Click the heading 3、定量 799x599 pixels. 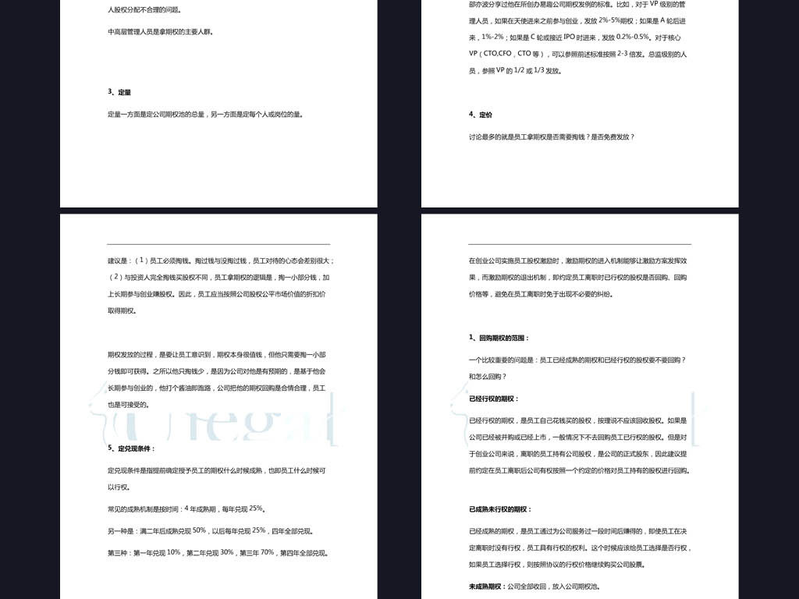(119, 92)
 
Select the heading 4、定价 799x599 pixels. (481, 115)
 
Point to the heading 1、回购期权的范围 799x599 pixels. (499, 338)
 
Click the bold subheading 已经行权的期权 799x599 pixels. (493, 399)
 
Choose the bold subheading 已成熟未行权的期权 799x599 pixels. (499, 509)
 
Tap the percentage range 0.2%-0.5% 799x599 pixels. (633, 37)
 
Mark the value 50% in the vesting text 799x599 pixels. (199, 530)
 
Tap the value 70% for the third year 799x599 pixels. (267, 552)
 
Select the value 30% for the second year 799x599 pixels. (227, 552)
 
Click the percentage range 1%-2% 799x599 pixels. (492, 37)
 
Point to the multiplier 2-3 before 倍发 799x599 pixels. (622, 54)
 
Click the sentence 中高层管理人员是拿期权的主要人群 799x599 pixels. (159, 33)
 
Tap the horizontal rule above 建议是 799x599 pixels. (218, 244)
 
